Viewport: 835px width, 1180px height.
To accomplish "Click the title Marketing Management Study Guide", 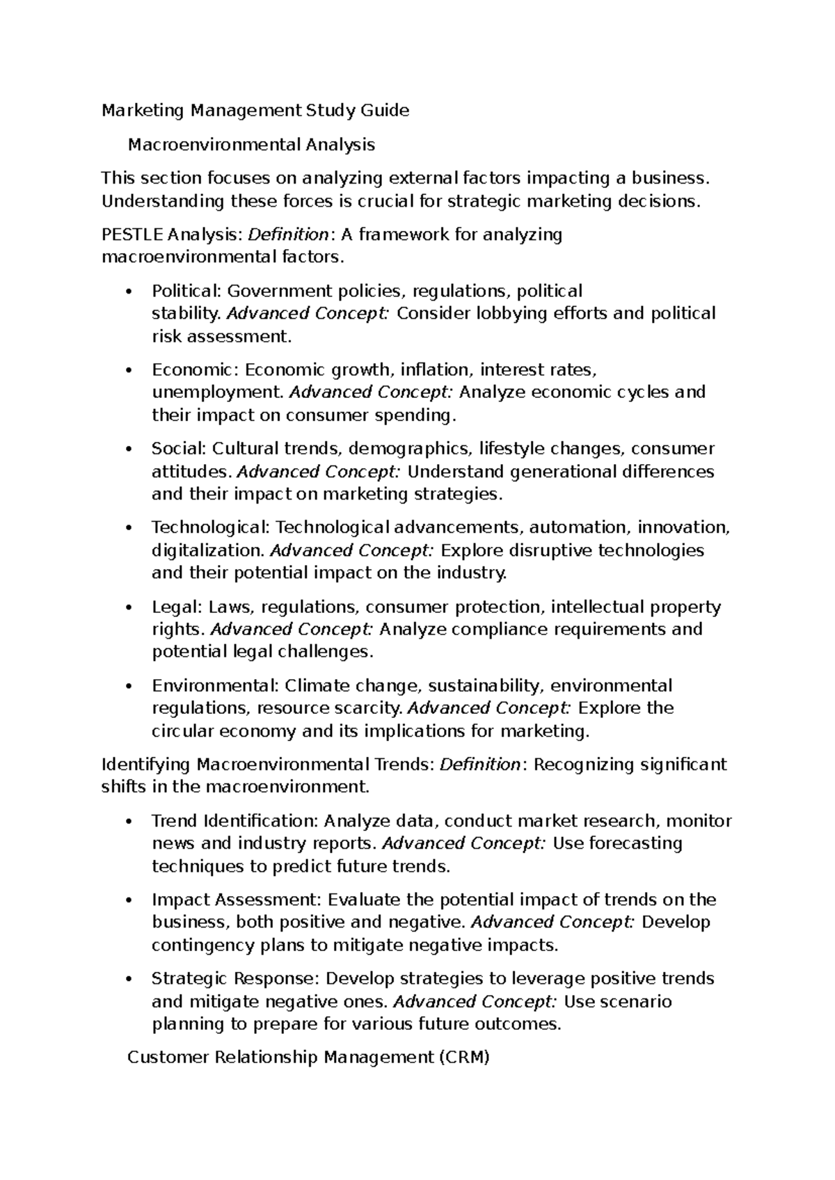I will [x=255, y=111].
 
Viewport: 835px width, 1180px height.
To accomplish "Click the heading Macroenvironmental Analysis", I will [x=251, y=145].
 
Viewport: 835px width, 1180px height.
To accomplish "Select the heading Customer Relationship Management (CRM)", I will [x=309, y=1058].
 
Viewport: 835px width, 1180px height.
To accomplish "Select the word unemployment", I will [x=218, y=392].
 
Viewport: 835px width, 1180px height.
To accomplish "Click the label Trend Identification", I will [x=235, y=821].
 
